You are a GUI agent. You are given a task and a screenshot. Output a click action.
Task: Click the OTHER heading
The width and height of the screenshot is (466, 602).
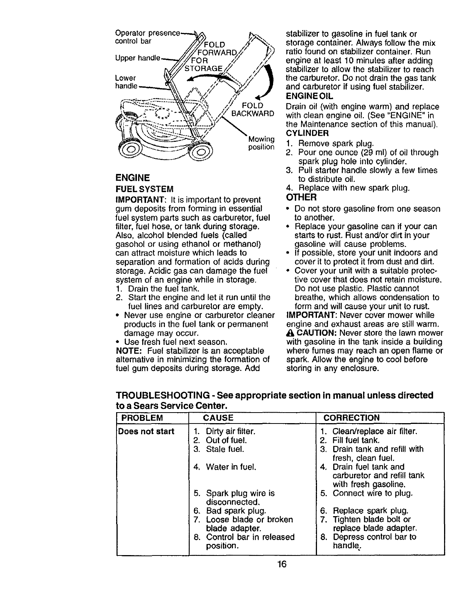(x=301, y=198)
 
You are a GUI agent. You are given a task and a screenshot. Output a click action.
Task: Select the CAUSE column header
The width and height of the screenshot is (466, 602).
(x=218, y=417)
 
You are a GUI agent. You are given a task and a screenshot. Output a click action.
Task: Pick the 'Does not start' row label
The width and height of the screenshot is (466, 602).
(x=146, y=431)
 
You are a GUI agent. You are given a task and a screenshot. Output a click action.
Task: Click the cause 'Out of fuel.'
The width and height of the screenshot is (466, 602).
(x=226, y=440)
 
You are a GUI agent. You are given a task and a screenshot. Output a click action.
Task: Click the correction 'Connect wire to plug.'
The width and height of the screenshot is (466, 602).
(x=372, y=493)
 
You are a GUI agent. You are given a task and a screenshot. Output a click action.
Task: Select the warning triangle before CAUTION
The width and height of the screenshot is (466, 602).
(x=290, y=333)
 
